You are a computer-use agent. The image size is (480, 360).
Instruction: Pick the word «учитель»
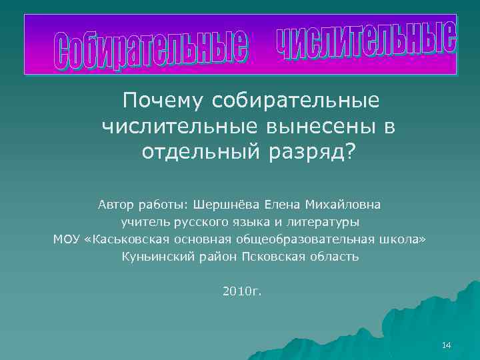[x=143, y=221]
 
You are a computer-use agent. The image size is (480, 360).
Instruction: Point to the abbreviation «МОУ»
[x=67, y=239]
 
